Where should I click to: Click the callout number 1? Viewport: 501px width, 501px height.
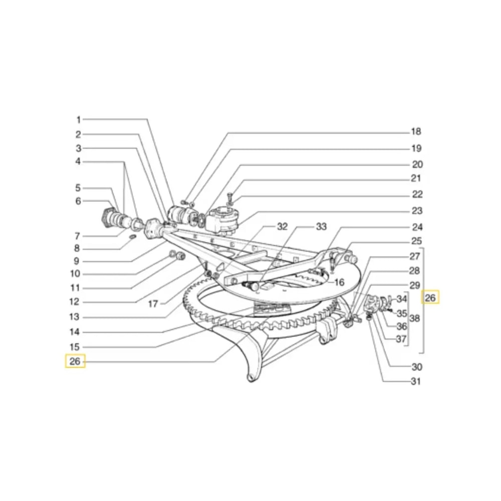tap(78, 120)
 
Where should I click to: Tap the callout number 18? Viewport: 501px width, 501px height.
tap(416, 131)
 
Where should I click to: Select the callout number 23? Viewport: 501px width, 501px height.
tap(417, 211)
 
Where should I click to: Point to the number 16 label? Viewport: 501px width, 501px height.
tap(339, 282)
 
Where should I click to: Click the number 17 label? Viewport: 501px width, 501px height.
tap(153, 304)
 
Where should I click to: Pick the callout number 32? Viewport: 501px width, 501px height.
tap(282, 226)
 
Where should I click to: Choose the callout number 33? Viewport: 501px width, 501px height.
tap(321, 226)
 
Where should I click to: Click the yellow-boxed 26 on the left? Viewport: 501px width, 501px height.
tap(75, 361)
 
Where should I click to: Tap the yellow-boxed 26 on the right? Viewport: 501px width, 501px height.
tap(430, 298)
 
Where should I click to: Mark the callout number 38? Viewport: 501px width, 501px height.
tap(414, 318)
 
